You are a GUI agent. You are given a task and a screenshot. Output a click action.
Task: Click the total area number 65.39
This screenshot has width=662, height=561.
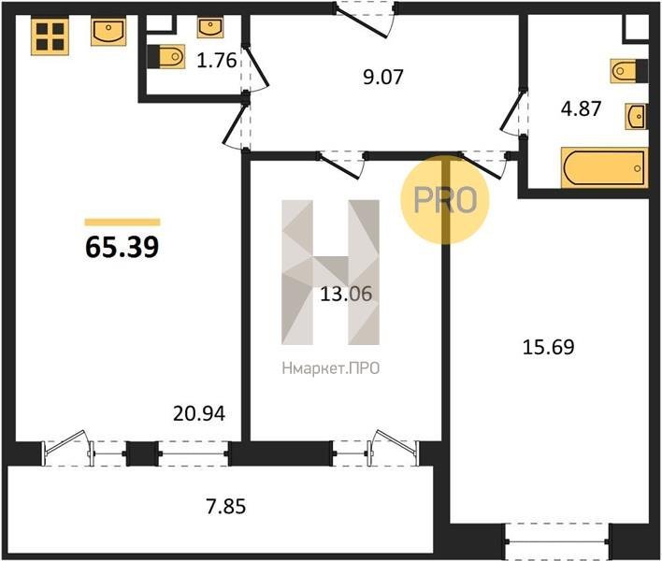(x=122, y=247)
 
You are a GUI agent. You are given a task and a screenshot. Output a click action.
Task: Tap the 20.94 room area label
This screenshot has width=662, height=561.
(x=199, y=413)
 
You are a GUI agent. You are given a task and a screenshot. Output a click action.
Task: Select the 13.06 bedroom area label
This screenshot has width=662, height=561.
(x=346, y=294)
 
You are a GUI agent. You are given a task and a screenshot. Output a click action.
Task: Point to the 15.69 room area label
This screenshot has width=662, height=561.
(x=549, y=347)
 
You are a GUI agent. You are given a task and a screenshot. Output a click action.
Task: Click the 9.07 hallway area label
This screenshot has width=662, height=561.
(x=383, y=78)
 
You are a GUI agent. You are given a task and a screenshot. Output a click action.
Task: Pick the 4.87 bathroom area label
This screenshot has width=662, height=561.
(x=581, y=108)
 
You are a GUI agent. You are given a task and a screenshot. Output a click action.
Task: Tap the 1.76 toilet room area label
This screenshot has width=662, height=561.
(x=217, y=61)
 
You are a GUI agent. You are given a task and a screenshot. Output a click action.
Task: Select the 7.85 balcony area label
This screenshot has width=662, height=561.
(x=226, y=507)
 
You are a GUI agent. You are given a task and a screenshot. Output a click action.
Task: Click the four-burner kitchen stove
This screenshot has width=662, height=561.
(x=50, y=36)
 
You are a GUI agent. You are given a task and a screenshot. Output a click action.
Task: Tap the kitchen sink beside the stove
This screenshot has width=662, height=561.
(x=108, y=32)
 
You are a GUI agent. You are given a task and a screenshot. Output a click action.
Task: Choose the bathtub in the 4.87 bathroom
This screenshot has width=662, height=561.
(x=604, y=167)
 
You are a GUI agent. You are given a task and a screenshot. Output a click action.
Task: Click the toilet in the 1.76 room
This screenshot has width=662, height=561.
(x=166, y=56)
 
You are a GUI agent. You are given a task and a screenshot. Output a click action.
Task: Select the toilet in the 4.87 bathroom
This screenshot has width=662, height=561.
(x=629, y=71)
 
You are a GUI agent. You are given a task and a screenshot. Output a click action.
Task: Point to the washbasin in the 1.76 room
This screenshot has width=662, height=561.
(x=210, y=28)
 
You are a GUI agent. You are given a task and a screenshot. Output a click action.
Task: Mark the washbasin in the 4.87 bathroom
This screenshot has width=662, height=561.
(x=636, y=116)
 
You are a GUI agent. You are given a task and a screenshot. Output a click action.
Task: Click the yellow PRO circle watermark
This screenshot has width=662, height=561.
(x=444, y=200)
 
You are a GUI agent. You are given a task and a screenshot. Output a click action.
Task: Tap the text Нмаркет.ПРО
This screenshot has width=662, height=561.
(x=331, y=368)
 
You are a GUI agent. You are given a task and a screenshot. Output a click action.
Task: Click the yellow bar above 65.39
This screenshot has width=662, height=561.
(x=122, y=222)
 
